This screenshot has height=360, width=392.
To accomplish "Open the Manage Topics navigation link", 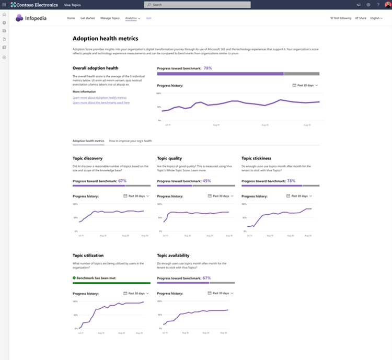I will click(x=110, y=18).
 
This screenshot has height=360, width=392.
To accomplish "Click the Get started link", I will click(x=87, y=18).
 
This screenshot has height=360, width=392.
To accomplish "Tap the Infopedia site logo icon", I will click(x=20, y=18).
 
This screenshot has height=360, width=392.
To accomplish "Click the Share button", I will click(x=361, y=18).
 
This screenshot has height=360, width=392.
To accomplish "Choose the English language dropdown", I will click(x=376, y=18).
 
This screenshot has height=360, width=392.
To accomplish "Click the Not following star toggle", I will click(x=341, y=18).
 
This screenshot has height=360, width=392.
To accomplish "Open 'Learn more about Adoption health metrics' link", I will click(x=99, y=98).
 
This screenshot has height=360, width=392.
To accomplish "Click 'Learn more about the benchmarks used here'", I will click(x=101, y=102).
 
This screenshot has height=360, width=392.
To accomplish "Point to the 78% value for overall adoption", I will click(x=208, y=68).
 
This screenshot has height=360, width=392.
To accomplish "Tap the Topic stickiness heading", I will click(x=256, y=157).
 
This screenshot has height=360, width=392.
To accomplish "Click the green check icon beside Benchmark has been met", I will click(x=74, y=278).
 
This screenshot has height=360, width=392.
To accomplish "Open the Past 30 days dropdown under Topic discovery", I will click(x=136, y=196).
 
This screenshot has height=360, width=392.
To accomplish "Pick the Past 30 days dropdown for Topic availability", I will click(x=220, y=293).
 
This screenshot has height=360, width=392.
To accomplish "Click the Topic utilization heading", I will click(x=88, y=256).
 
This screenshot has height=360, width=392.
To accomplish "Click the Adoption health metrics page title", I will click(x=105, y=38).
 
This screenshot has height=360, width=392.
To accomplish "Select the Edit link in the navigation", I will click(x=149, y=18).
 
